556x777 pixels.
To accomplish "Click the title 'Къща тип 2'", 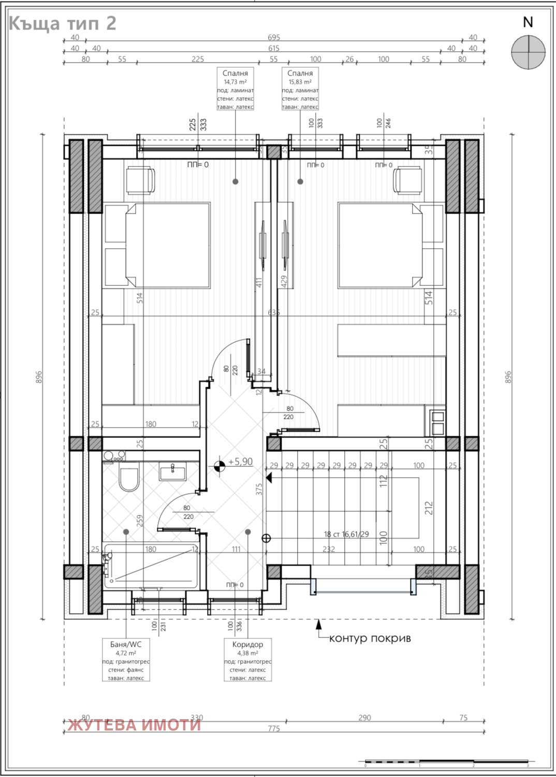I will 62,23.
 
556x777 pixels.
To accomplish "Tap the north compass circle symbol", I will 528,52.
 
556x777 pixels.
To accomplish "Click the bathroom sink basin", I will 173,471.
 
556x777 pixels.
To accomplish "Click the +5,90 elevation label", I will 240,462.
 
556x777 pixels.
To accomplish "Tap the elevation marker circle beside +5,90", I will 220,465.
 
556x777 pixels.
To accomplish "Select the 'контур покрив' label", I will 370,638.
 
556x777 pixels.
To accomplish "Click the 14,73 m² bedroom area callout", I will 235,89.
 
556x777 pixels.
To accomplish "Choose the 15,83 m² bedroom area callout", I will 300,89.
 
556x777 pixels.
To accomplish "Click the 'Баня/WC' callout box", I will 126,660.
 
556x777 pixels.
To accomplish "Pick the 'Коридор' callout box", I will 247,660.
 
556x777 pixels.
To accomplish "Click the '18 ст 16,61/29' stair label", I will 346,534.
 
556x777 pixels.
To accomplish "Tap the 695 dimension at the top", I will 274,37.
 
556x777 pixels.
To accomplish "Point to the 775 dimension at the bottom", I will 274,728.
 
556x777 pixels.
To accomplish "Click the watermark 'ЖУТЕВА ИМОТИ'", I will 134,725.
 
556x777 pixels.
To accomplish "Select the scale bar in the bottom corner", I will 446,762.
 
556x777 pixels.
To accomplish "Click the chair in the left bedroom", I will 140,180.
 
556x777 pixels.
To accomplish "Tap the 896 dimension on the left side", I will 39,377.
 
